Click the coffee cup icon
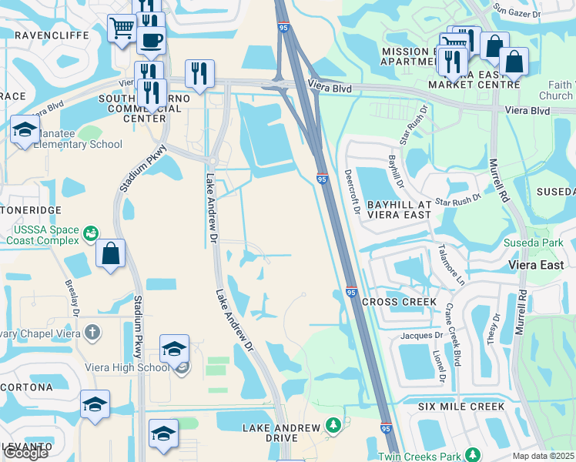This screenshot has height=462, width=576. tap(151, 39)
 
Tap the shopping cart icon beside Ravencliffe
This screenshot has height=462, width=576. tap(122, 29)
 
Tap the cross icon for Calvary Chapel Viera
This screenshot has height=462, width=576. tap(92, 333)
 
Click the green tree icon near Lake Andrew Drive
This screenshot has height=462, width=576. tap(333, 424)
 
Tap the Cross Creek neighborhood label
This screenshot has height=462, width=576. tap(399, 302)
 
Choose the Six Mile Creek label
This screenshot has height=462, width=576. tap(461, 407)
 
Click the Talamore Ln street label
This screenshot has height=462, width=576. tap(452, 264)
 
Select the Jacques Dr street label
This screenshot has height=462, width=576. tap(422, 336)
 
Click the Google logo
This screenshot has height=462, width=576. tap(25, 453)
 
